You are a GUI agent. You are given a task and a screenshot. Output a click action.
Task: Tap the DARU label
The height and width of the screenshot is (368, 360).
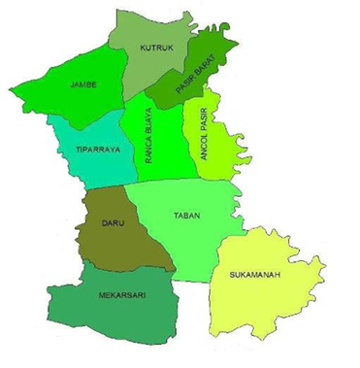(x=114, y=223)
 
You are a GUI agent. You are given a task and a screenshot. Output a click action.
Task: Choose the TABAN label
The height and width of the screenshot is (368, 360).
(x=185, y=215)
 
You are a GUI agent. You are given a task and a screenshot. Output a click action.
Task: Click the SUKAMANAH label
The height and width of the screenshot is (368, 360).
(x=255, y=275)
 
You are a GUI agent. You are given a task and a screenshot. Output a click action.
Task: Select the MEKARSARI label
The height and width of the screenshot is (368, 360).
(x=121, y=294)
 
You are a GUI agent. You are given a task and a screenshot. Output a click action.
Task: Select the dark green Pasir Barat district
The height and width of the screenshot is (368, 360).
(x=209, y=58)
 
